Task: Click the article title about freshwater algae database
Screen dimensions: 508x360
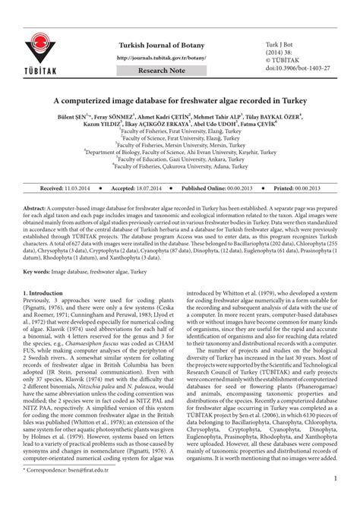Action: (x=181, y=100)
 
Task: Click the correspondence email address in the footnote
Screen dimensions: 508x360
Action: (x=84, y=491)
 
